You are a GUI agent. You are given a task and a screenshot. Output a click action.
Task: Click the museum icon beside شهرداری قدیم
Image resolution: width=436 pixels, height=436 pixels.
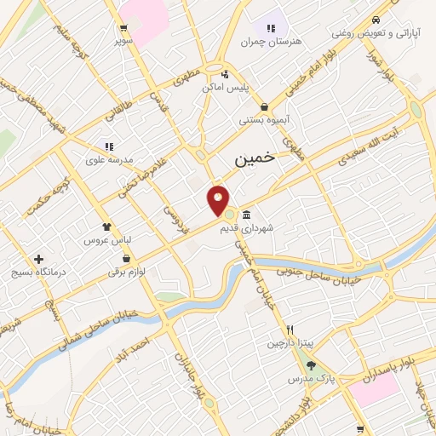(246, 214)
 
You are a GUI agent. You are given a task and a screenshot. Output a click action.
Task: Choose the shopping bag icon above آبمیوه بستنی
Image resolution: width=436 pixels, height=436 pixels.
(266, 107)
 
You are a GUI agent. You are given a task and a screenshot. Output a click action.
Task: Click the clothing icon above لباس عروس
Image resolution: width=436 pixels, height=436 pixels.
(106, 227)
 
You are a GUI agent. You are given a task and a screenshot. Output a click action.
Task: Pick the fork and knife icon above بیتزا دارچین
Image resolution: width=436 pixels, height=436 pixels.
(290, 330)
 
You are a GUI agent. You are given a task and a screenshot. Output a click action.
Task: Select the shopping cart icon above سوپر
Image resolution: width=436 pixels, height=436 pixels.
(124, 28)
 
